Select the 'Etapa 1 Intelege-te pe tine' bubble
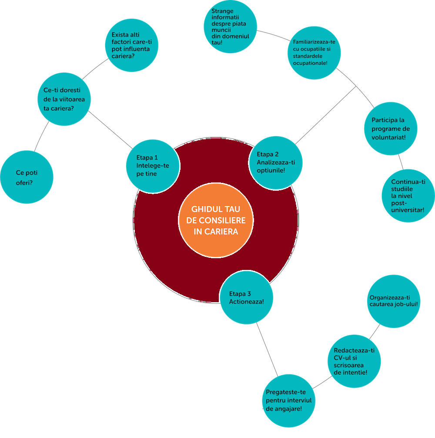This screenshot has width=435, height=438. [153, 166]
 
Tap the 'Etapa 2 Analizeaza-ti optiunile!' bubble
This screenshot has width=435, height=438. [276, 162]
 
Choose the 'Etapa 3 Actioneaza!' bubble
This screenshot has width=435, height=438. [247, 297]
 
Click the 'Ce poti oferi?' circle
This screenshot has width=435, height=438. [27, 178]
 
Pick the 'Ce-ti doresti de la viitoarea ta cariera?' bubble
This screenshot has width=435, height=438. [64, 99]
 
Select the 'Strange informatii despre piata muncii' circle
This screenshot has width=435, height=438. [230, 27]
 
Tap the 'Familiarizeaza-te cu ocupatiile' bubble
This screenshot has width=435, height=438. [315, 53]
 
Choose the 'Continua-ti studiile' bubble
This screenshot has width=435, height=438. [408, 195]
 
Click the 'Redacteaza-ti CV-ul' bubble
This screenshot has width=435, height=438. [355, 361]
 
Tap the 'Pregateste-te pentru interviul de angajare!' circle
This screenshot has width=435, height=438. [289, 401]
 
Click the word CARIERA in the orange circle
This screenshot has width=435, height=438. [216, 232]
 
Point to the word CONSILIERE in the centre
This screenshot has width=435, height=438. [216, 221]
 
